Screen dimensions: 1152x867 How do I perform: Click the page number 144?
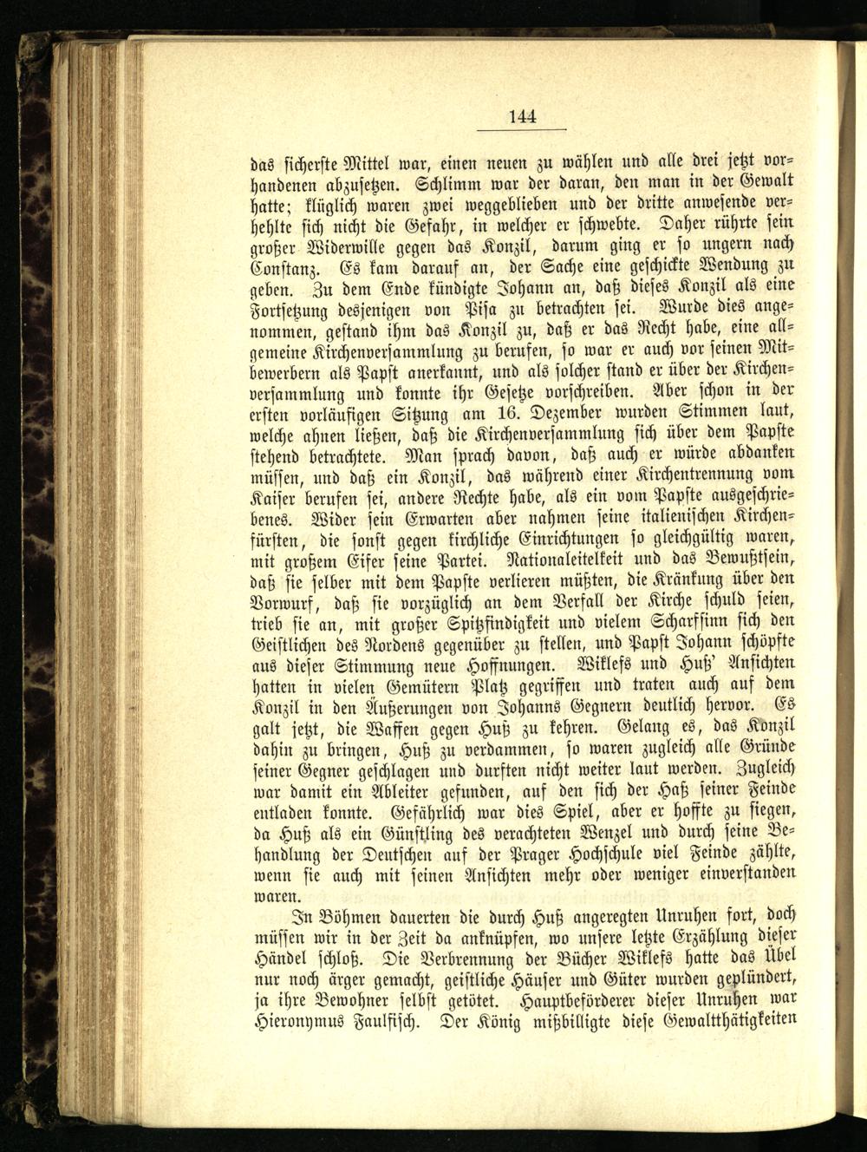(x=523, y=116)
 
